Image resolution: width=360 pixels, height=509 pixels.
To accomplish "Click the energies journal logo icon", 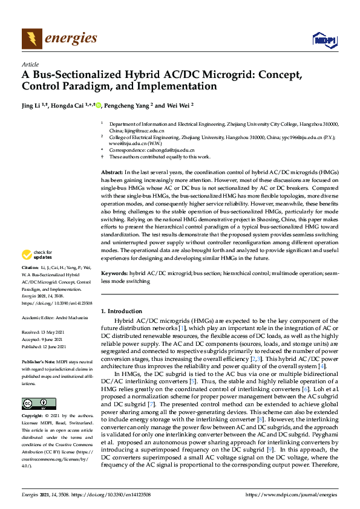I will pyautogui.click(x=31, y=39).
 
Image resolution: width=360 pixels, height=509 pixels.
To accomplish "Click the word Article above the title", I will pyautogui.click(x=30, y=64).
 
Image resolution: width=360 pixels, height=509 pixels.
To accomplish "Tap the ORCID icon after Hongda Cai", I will pyautogui.click(x=99, y=105).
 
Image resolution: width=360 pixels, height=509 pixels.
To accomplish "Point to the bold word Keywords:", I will pyautogui.click(x=115, y=273).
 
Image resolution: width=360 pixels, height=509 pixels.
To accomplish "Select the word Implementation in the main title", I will pyautogui.click(x=178, y=86).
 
